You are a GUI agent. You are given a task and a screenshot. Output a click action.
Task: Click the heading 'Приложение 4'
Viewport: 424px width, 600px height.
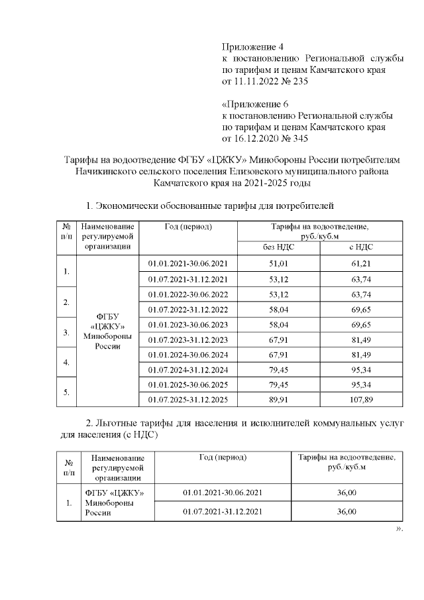pos(252,47)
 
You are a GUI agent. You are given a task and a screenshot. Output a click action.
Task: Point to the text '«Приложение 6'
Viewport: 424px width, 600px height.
pos(255,104)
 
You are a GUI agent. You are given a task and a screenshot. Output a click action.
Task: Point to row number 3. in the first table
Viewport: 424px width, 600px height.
pos(66,331)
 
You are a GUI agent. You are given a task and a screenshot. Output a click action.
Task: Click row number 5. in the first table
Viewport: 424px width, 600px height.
pos(66,392)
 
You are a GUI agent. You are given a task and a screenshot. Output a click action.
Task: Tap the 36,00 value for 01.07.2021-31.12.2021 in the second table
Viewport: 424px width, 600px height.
pos(346,512)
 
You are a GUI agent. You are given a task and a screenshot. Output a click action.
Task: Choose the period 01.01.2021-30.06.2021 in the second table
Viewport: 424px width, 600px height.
pos(223,493)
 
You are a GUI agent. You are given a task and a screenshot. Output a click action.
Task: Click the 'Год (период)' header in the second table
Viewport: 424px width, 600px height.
pos(223,457)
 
